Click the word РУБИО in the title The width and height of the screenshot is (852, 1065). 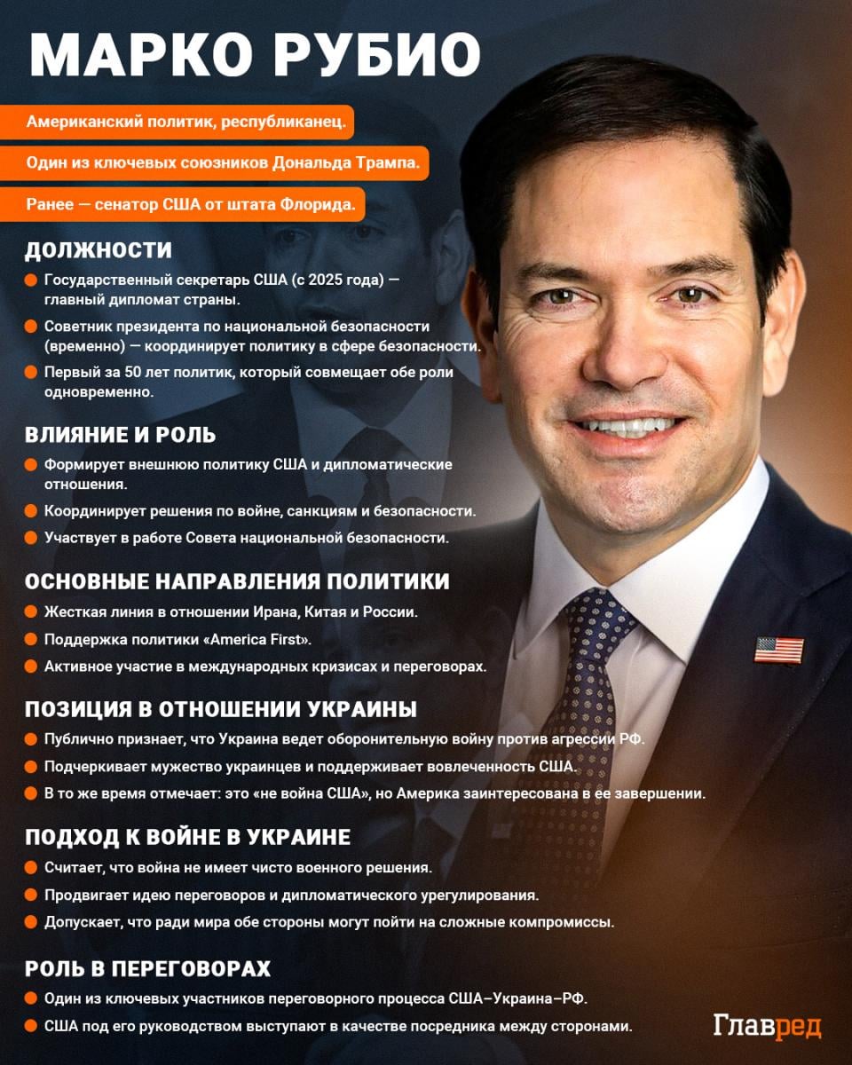click(378, 56)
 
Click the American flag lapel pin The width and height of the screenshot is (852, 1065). click(778, 650)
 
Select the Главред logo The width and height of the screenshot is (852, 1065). click(767, 1026)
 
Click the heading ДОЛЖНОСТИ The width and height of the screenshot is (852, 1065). click(98, 250)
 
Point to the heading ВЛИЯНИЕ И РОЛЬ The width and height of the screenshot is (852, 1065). click(120, 435)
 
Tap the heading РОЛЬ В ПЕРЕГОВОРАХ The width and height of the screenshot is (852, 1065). click(147, 967)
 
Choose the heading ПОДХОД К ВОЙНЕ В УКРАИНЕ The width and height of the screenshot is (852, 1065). click(187, 837)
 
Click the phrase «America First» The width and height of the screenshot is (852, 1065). click(260, 639)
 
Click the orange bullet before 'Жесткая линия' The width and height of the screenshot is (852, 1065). click(30, 612)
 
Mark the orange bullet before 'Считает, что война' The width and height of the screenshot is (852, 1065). click(30, 867)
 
